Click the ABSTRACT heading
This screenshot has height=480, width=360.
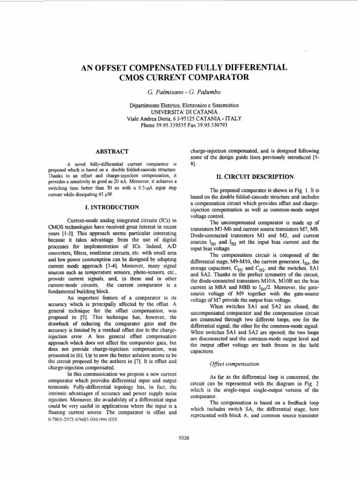click(x=112, y=151)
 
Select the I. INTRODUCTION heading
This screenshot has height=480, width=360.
click(x=112, y=207)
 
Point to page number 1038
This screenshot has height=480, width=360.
click(x=184, y=438)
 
